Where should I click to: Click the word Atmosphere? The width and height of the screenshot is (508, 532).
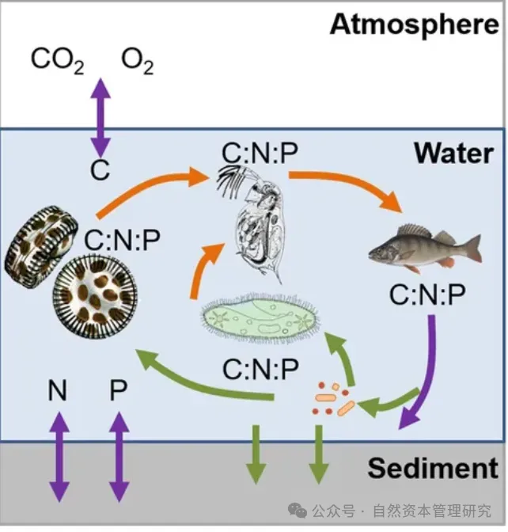pyautogui.click(x=414, y=24)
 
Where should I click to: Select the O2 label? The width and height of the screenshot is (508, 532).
pyautogui.click(x=137, y=60)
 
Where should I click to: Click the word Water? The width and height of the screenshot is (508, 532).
pyautogui.click(x=453, y=154)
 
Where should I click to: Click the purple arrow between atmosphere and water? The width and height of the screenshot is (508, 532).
pyautogui.click(x=100, y=116)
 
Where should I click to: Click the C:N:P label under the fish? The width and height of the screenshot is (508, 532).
pyautogui.click(x=428, y=295)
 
